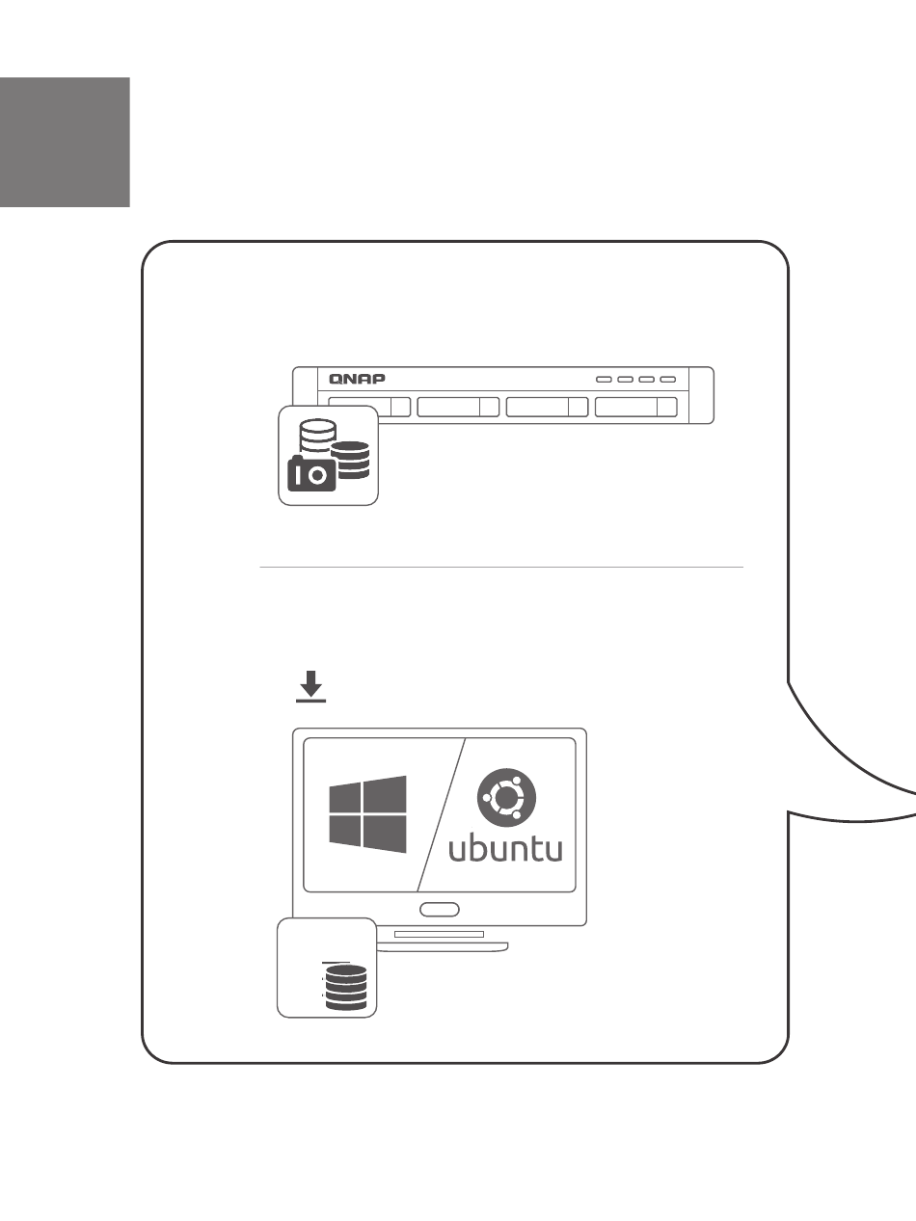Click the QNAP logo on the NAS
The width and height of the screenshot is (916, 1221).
(x=351, y=378)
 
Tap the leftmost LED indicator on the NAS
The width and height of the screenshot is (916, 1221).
(x=604, y=379)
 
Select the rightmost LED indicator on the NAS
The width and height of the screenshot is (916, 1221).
(x=668, y=379)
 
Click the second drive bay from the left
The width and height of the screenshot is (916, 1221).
(x=458, y=407)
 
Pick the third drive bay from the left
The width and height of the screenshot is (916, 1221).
(x=547, y=407)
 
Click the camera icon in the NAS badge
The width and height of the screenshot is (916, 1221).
(x=311, y=475)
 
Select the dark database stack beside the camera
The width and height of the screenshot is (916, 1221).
(x=350, y=460)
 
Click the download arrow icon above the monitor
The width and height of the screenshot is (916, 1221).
(x=310, y=687)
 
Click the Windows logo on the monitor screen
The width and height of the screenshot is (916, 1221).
(x=367, y=814)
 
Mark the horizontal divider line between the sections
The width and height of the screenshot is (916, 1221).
(x=501, y=567)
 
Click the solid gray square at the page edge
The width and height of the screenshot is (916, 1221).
(x=65, y=142)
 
